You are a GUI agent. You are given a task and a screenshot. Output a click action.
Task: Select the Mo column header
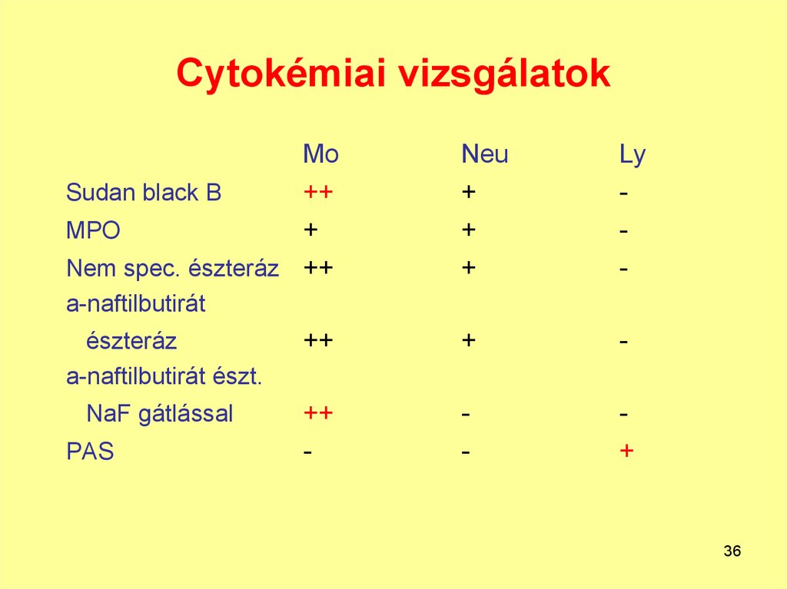320,155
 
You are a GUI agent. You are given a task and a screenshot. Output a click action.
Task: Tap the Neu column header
484,155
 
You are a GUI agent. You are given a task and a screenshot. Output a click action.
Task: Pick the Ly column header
633,156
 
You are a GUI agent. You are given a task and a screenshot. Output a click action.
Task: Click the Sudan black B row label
144,193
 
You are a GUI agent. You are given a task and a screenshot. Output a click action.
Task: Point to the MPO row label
93,230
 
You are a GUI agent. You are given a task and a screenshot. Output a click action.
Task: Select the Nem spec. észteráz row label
172,269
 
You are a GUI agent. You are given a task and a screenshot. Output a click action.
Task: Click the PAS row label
90,452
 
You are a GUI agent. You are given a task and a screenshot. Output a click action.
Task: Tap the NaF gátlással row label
159,415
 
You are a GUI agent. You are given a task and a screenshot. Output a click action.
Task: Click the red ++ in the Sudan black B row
317,192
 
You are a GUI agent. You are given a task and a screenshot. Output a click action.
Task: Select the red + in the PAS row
627,451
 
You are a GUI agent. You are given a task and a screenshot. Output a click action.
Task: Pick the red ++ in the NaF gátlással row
317,414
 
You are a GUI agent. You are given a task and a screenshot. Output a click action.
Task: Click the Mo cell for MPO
310,230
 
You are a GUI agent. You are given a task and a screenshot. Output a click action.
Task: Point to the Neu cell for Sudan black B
468,192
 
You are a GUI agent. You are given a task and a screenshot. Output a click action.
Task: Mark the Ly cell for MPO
625,230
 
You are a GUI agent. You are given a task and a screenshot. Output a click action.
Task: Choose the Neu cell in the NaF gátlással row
466,415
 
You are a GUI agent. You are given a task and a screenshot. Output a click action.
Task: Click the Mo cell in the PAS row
307,452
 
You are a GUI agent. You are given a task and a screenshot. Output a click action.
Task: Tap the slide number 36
732,551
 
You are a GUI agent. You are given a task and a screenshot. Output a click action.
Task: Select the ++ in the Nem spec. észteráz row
317,268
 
